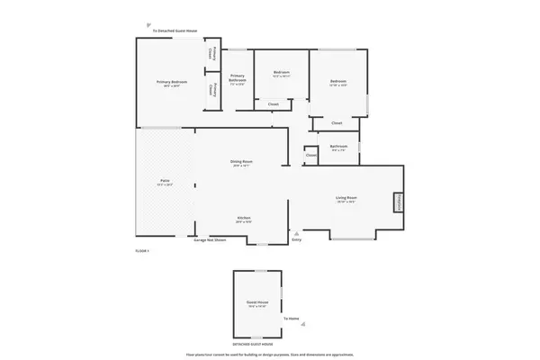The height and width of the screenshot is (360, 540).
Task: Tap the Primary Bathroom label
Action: click(238, 77)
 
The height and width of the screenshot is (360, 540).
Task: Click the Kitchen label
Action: click(243, 218)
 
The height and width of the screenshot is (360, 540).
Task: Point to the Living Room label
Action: click(346, 197)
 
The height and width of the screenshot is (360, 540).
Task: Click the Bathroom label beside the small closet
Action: click(338, 146)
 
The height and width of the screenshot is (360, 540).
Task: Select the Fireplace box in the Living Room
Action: click(397, 203)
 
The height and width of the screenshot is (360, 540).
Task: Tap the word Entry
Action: click(297, 239)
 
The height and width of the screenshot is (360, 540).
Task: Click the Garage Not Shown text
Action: click(209, 240)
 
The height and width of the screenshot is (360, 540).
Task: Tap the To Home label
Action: click(291, 319)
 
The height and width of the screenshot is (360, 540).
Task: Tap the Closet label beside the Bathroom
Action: click(310, 155)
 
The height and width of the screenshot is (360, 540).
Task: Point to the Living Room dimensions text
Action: click(346, 202)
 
